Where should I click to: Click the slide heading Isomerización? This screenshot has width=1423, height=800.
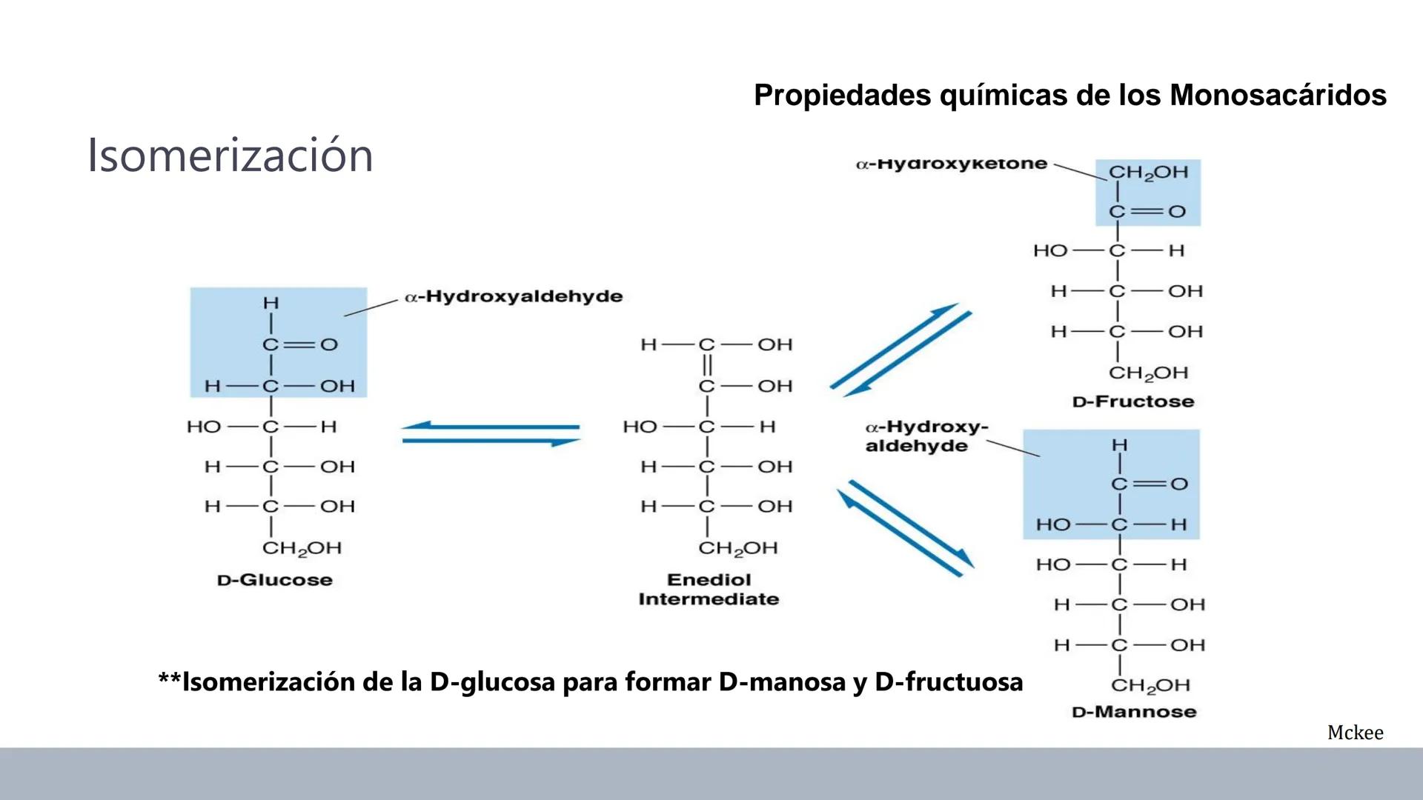pyautogui.click(x=230, y=156)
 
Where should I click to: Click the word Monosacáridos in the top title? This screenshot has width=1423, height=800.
pyautogui.click(x=1278, y=96)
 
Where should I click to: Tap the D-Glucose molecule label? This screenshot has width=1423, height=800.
pyautogui.click(x=275, y=580)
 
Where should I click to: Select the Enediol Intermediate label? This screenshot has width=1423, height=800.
pyautogui.click(x=709, y=590)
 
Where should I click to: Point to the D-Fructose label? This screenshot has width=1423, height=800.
pyautogui.click(x=1133, y=402)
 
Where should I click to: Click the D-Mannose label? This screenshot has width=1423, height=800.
pyautogui.click(x=1134, y=712)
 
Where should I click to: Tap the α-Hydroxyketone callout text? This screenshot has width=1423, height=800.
pyautogui.click(x=952, y=164)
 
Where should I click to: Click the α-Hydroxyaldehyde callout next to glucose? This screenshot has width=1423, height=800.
pyautogui.click(x=514, y=296)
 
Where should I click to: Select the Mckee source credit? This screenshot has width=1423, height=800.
pyautogui.click(x=1355, y=733)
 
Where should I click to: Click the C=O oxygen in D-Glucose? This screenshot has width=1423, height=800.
pyautogui.click(x=329, y=344)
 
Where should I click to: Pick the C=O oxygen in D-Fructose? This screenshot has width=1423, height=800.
pyautogui.click(x=1177, y=212)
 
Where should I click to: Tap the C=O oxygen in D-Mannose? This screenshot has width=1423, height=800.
pyautogui.click(x=1179, y=484)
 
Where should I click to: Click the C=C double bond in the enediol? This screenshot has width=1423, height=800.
pyautogui.click(x=707, y=365)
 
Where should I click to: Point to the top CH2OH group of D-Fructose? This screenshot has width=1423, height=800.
pyautogui.click(x=1148, y=173)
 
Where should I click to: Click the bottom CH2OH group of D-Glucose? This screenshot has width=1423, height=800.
pyautogui.click(x=302, y=548)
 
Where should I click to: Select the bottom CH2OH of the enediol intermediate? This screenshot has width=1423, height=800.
pyautogui.click(x=737, y=548)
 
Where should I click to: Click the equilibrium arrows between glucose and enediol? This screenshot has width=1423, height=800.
pyautogui.click(x=491, y=434)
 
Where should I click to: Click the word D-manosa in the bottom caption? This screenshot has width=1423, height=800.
pyautogui.click(x=781, y=681)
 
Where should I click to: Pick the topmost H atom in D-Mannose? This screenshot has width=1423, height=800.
pyautogui.click(x=1119, y=445)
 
